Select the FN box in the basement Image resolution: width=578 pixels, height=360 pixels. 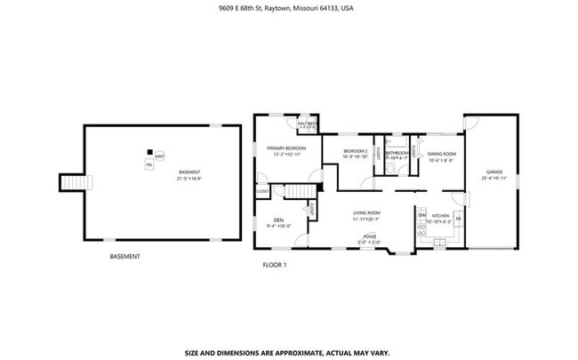tap(149, 164)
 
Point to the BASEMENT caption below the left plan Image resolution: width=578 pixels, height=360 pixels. tap(124, 256)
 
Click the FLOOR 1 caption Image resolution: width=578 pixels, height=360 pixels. tap(275, 264)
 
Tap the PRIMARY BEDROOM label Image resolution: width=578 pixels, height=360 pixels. tap(287, 148)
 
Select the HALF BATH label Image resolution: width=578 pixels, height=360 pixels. tap(308, 124)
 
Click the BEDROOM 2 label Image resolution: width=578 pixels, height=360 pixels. tap(355, 152)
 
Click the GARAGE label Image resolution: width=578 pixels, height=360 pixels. tap(494, 172)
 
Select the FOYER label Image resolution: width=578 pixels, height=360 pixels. tap(368, 237)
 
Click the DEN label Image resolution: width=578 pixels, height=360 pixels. tap(278, 221)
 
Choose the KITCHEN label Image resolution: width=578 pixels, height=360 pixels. tap(441, 216)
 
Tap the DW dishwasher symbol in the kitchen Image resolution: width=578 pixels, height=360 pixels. tap(421, 214)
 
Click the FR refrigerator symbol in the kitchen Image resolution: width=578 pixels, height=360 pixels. tap(459, 219)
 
